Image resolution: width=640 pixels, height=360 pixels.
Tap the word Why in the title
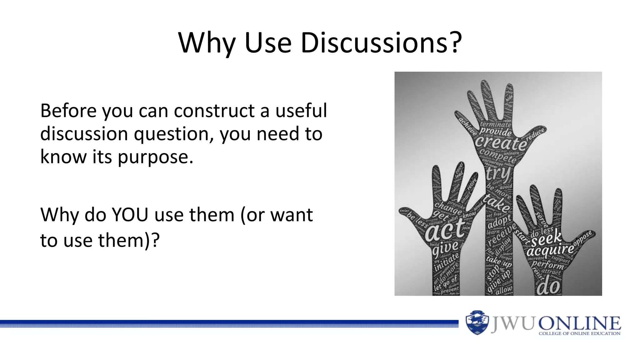pos(207,43)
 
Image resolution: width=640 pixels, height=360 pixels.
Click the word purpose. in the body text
pos(156,157)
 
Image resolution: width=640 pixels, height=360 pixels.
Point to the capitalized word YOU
pos(130,215)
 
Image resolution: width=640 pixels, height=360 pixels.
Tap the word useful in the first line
pos(301,111)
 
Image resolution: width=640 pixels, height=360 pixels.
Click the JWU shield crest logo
pos(477,322)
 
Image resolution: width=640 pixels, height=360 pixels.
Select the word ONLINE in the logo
pos(579,323)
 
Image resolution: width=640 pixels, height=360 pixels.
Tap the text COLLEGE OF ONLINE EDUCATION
pos(579,333)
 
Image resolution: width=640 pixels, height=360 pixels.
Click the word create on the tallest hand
pos(501,143)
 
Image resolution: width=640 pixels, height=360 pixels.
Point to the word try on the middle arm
pos(498,174)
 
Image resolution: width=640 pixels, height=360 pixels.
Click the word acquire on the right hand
pos(550,250)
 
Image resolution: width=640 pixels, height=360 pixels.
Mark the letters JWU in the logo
pos(512,323)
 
